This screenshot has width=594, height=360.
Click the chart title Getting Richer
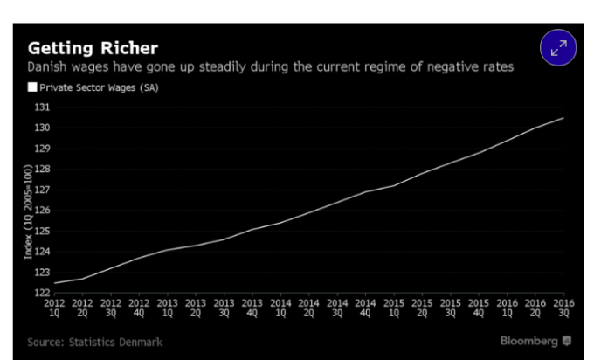[x=92, y=47]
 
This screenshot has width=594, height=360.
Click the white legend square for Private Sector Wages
[x=32, y=87]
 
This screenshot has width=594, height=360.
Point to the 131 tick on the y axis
[x=42, y=107]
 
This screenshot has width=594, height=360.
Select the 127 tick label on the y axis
[x=42, y=190]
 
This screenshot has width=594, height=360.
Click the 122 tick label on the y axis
[x=42, y=293]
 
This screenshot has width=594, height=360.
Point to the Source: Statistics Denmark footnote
[x=94, y=342]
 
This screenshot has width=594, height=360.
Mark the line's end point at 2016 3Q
[x=562, y=118]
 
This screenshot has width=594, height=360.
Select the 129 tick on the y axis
[x=42, y=149]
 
